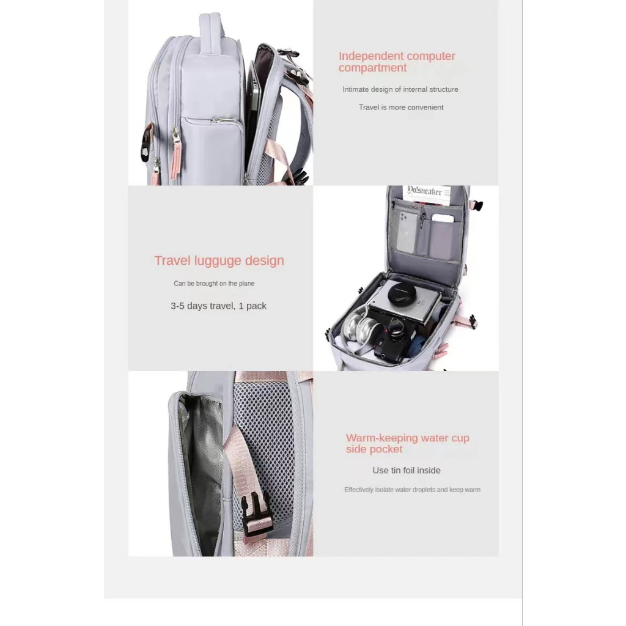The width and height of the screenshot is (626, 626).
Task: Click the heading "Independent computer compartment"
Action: point(397,62)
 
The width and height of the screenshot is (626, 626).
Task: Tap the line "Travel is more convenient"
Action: point(401,108)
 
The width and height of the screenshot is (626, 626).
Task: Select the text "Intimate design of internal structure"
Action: point(400,89)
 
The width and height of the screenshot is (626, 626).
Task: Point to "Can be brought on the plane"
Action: point(214,284)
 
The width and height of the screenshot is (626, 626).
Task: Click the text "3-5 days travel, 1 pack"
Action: point(218,306)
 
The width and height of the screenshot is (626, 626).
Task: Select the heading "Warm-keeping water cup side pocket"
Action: point(407,443)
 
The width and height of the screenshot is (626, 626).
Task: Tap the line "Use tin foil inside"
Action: point(407,470)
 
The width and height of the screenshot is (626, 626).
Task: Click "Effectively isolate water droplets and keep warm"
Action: point(412,490)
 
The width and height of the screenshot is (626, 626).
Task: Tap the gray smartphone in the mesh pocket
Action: point(408,232)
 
